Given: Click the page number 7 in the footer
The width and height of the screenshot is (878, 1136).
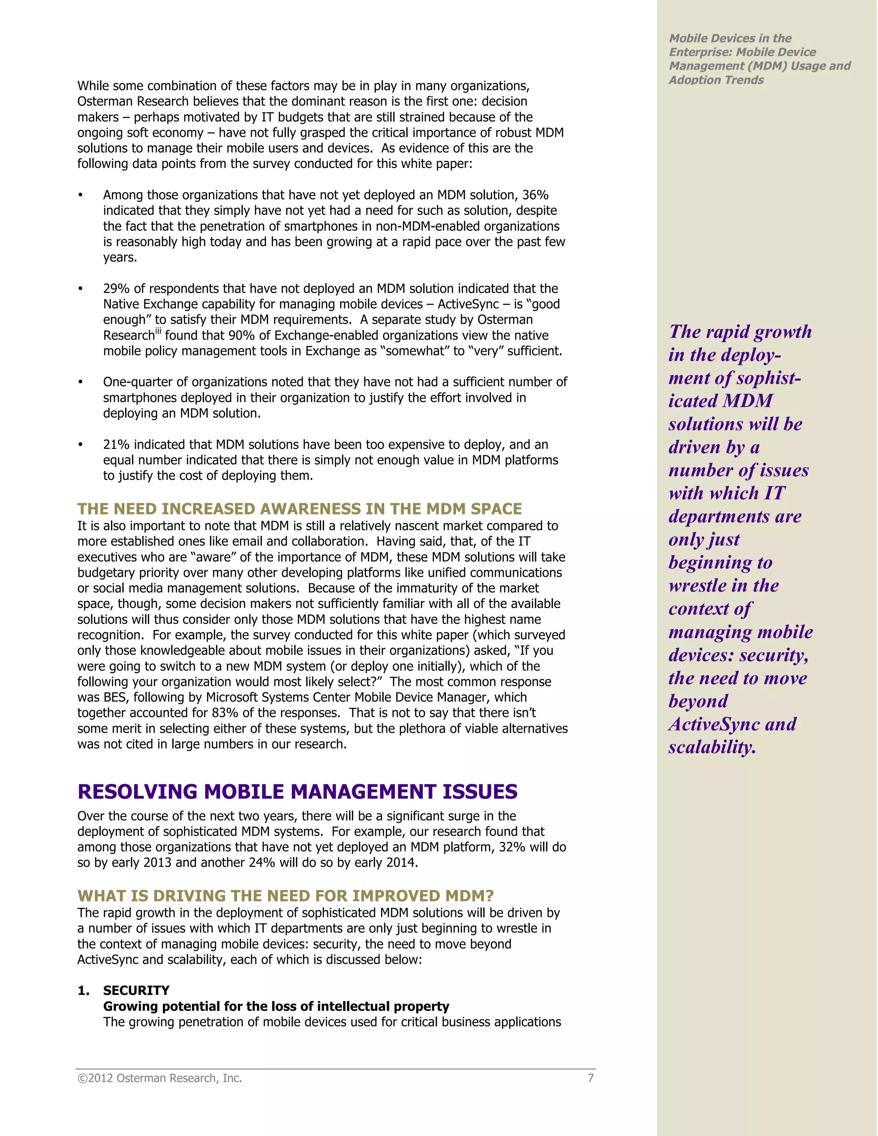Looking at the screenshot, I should [590, 1078].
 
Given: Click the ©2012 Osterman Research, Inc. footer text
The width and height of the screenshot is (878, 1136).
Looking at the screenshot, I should [159, 1078].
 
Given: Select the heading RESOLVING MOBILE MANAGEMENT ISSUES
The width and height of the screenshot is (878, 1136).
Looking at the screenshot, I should [297, 792].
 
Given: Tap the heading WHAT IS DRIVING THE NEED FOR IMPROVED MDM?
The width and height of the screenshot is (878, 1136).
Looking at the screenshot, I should [285, 896].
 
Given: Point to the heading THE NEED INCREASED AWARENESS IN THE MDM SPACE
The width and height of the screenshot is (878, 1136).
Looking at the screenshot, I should [299, 509].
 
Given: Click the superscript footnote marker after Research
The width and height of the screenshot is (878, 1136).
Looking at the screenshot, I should [158, 331].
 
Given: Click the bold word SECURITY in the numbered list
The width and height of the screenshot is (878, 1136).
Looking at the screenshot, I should [136, 991].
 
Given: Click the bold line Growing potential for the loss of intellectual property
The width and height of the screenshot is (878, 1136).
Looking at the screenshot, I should [276, 1007].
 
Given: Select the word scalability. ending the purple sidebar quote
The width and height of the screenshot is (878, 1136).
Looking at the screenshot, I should [712, 748].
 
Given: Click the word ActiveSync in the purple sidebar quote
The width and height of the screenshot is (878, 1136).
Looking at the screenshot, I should [715, 724].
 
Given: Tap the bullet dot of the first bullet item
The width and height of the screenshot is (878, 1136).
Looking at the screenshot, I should [80, 195].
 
